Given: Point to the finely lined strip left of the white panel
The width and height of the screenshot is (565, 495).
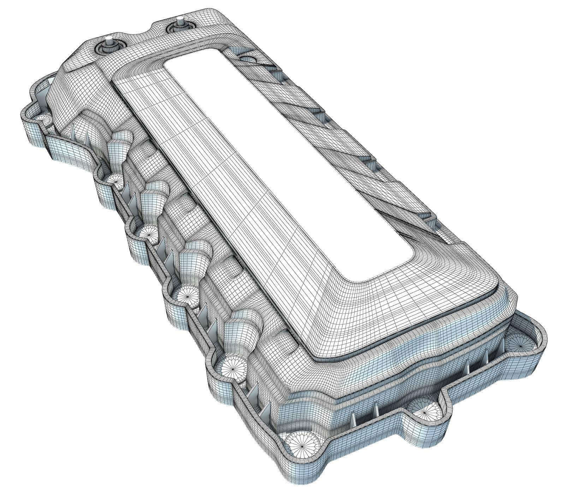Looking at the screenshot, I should tap(177, 148).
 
